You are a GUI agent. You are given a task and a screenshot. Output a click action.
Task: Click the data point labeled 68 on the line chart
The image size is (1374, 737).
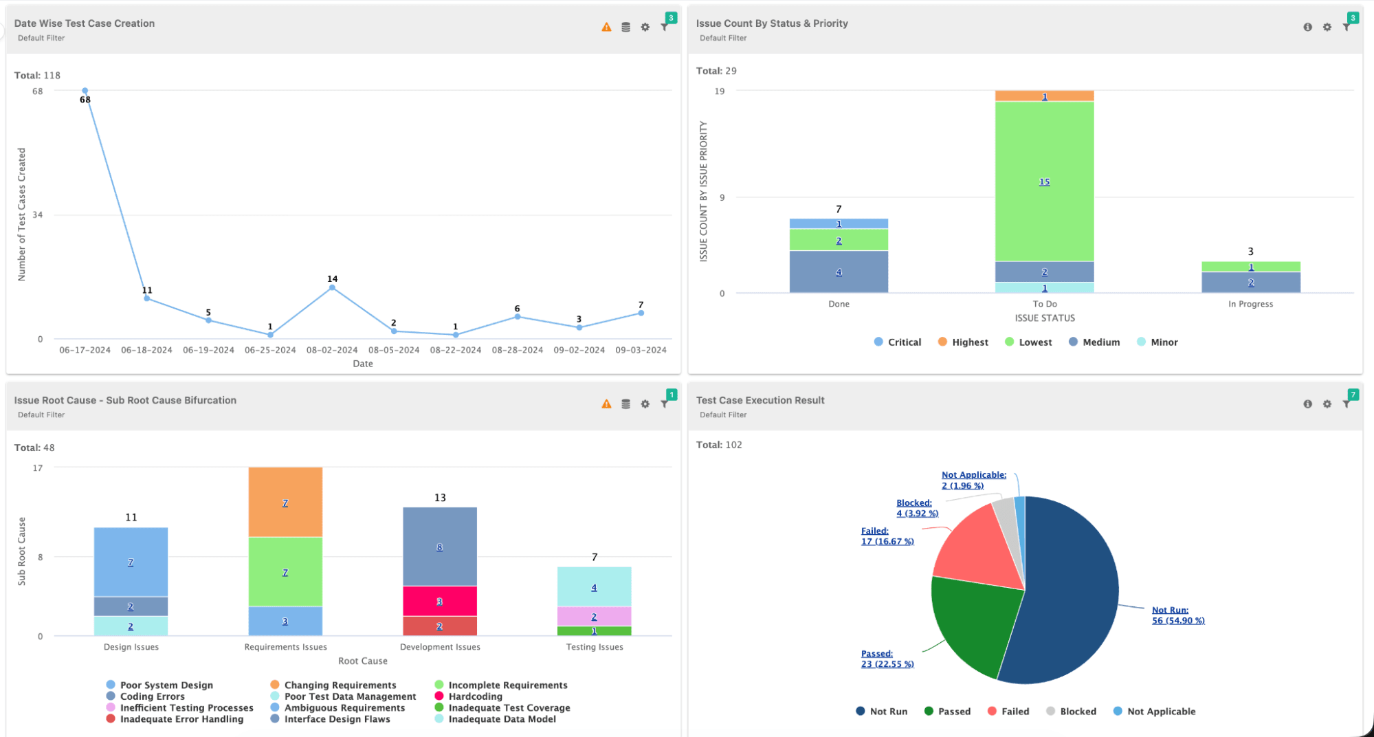click(x=85, y=91)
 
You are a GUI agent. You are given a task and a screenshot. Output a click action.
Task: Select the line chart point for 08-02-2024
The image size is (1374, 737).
click(x=332, y=287)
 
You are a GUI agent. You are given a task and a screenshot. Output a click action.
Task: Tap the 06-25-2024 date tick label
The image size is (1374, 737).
click(x=270, y=350)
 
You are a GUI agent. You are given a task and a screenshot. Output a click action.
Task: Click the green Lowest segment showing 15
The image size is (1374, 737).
click(x=1044, y=181)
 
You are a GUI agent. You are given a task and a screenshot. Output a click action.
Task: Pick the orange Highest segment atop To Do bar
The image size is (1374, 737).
click(x=1044, y=96)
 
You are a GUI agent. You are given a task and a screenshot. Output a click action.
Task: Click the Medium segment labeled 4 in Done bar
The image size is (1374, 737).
click(x=839, y=272)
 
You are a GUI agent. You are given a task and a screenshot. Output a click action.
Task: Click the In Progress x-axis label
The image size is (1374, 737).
click(x=1250, y=304)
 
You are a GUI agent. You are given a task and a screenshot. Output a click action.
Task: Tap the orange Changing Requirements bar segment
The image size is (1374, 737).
click(x=285, y=503)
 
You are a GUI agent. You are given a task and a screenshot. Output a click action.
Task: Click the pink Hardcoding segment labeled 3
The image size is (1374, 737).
click(x=439, y=601)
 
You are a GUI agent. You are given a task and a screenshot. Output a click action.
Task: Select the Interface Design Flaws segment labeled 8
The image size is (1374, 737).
click(x=439, y=547)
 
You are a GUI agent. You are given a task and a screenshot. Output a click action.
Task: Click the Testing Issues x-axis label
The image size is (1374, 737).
click(x=595, y=647)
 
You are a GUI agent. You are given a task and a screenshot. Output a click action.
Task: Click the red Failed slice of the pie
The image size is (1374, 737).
click(x=979, y=553)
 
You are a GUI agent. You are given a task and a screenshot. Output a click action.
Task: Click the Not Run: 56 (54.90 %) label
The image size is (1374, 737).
click(x=1177, y=615)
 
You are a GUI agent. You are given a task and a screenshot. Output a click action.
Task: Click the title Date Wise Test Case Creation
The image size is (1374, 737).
click(x=85, y=23)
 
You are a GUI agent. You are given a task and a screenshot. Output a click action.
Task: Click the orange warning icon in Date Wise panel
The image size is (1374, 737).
click(x=606, y=27)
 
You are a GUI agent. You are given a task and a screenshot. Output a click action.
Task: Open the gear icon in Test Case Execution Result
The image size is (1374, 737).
click(x=1327, y=404)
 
